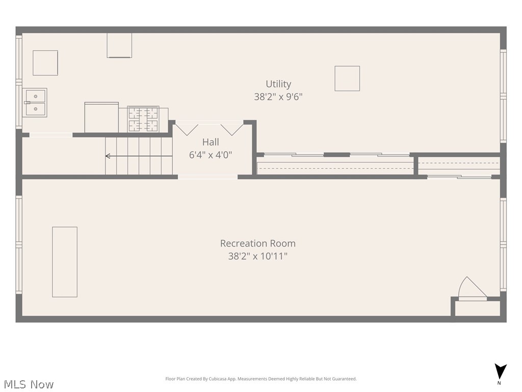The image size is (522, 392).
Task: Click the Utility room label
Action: tap(278, 84)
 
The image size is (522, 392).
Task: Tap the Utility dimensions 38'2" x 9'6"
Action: tap(278, 96)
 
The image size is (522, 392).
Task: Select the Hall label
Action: tap(211, 142)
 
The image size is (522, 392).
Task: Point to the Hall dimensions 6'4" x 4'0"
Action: tap(211, 155)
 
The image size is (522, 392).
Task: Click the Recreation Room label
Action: tap(257, 243)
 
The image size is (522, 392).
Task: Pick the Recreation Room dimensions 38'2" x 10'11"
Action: tap(257, 256)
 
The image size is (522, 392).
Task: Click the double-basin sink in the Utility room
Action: tap(35, 103)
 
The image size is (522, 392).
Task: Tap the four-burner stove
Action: tap(143, 119)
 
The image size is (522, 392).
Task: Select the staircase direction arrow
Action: tap(139, 156)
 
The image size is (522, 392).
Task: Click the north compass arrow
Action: tap(500, 372)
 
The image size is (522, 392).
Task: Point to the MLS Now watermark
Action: tap(29, 384)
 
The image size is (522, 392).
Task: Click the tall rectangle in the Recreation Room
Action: tap(65, 262)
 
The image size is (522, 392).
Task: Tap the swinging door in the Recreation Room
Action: tap(472, 287)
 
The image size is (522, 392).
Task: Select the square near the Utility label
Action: tap(347, 78)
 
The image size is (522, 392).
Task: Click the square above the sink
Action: tap(45, 63)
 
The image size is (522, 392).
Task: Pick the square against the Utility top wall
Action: tap(119, 45)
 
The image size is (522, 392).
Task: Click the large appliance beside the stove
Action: tap(101, 117)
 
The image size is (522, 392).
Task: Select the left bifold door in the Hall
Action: tap(187, 129)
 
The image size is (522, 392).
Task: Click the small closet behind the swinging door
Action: tap(477, 309)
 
